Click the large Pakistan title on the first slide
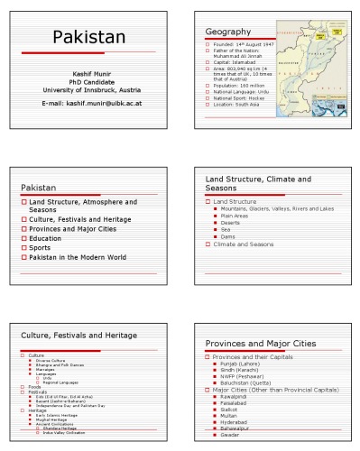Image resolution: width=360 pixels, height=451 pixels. [x=88, y=38]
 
